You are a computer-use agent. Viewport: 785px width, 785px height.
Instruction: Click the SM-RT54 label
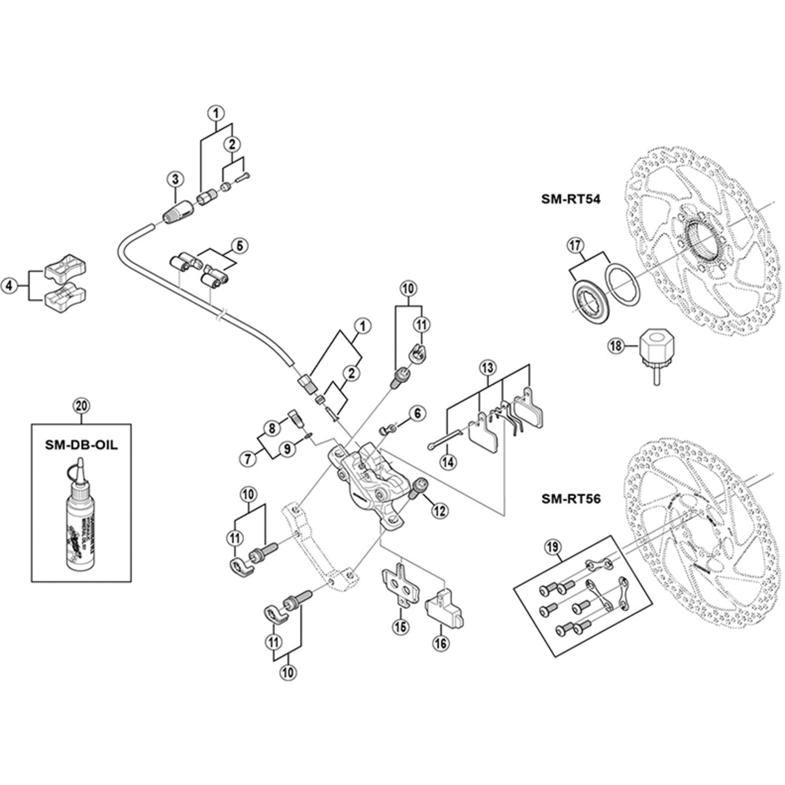[570, 199]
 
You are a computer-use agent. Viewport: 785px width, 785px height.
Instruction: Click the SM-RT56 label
[570, 498]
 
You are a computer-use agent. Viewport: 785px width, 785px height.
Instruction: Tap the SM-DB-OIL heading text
[81, 445]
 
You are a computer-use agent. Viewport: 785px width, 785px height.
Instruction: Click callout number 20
[81, 405]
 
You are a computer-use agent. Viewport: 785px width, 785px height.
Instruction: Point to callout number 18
[616, 346]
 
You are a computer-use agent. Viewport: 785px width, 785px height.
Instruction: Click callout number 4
[9, 286]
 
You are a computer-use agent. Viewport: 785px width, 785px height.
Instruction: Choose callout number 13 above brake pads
[487, 368]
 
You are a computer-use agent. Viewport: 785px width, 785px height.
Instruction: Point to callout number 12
[440, 511]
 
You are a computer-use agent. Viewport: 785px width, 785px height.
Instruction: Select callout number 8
[272, 427]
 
